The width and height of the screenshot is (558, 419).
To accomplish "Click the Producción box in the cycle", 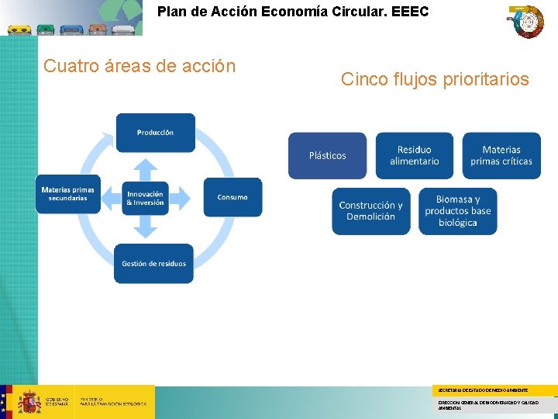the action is click(155, 133).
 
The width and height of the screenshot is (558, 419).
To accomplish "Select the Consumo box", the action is click(232, 197).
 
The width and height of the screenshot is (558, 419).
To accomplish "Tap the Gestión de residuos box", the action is click(153, 264).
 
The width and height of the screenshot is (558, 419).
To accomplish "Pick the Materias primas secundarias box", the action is click(67, 194).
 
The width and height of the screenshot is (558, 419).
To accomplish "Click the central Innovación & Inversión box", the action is click(145, 198).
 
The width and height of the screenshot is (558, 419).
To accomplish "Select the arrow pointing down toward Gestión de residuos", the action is click(146, 227).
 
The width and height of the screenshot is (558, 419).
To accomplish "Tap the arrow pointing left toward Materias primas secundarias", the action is click(109, 198).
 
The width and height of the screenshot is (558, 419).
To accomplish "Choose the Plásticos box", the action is click(327, 156).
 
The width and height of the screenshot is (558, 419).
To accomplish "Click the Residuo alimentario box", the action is click(414, 155).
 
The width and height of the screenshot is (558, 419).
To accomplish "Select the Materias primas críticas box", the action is click(501, 155).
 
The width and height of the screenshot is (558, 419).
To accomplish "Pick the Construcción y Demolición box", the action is click(370, 211).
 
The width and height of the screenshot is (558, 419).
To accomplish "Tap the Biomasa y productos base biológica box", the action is click(457, 211).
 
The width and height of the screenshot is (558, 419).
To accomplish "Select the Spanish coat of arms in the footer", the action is click(29, 402).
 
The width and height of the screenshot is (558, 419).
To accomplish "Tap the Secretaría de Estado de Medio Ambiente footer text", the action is click(483, 390).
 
